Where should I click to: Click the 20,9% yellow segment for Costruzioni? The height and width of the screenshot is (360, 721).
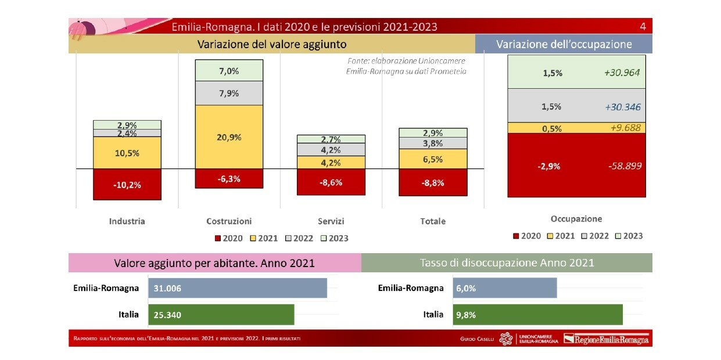tap(229, 136)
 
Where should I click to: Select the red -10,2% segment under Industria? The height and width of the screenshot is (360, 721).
tap(127, 184)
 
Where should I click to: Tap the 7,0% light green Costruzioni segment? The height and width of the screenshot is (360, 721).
tap(229, 70)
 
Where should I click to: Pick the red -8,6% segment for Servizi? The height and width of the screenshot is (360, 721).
tap(331, 182)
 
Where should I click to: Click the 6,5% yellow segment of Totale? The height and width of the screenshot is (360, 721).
tap(433, 159)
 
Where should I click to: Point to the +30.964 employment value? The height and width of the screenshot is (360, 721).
tap(622, 73)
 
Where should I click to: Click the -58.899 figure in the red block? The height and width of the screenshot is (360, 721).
tap(625, 166)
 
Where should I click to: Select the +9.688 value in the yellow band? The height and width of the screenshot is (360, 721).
tap(626, 128)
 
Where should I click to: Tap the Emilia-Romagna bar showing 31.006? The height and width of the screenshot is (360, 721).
tap(238, 288)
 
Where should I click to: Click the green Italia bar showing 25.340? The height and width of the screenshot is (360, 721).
tap(221, 315)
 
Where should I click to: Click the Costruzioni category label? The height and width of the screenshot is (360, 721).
tap(229, 221)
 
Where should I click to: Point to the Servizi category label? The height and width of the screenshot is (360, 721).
tap(331, 221)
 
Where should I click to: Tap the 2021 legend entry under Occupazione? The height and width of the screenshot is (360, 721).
tap(561, 236)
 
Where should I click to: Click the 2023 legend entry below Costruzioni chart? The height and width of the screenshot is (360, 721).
tap(335, 238)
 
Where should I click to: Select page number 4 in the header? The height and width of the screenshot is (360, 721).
tap(643, 26)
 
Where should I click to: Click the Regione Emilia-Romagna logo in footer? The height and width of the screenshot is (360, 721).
tap(606, 339)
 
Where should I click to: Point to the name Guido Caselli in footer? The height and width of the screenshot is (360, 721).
tap(477, 339)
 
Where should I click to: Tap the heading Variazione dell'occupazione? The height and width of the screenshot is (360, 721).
tap(564, 44)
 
